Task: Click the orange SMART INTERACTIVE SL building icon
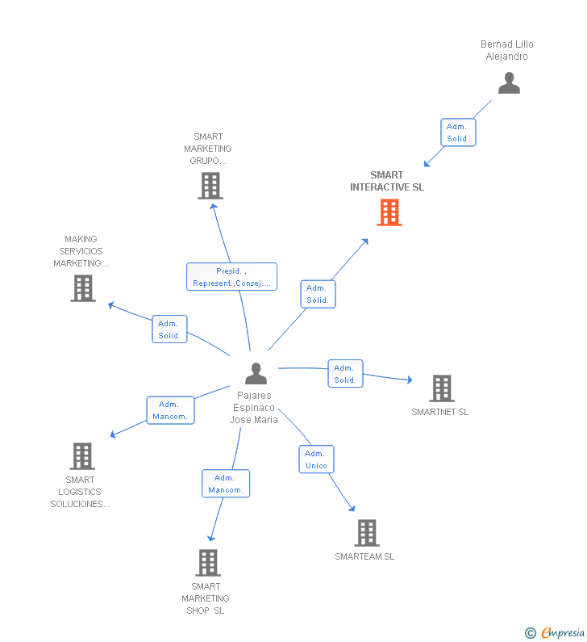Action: (x=389, y=212)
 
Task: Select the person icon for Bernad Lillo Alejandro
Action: (x=509, y=83)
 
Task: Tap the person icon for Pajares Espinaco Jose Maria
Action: (x=256, y=374)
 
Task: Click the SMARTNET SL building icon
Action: (x=441, y=388)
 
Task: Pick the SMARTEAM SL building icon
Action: (x=366, y=533)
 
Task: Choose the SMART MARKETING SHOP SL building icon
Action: (x=207, y=563)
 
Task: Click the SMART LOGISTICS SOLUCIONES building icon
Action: (x=82, y=456)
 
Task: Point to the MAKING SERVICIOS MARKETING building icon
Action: (x=83, y=288)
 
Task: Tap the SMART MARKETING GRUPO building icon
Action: (x=210, y=186)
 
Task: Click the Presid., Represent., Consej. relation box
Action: (x=231, y=277)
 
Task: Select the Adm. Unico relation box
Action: (x=316, y=459)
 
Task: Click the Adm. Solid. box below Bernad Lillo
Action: (x=458, y=132)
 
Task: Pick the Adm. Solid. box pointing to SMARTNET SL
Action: (x=345, y=374)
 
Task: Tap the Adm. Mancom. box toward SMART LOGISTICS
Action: (x=170, y=410)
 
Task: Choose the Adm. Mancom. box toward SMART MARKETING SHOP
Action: (x=226, y=484)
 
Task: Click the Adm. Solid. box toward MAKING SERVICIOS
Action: (x=169, y=329)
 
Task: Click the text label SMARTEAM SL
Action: (x=364, y=556)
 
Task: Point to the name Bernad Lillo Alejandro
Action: (x=506, y=50)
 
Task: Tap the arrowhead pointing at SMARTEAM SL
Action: (x=352, y=508)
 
